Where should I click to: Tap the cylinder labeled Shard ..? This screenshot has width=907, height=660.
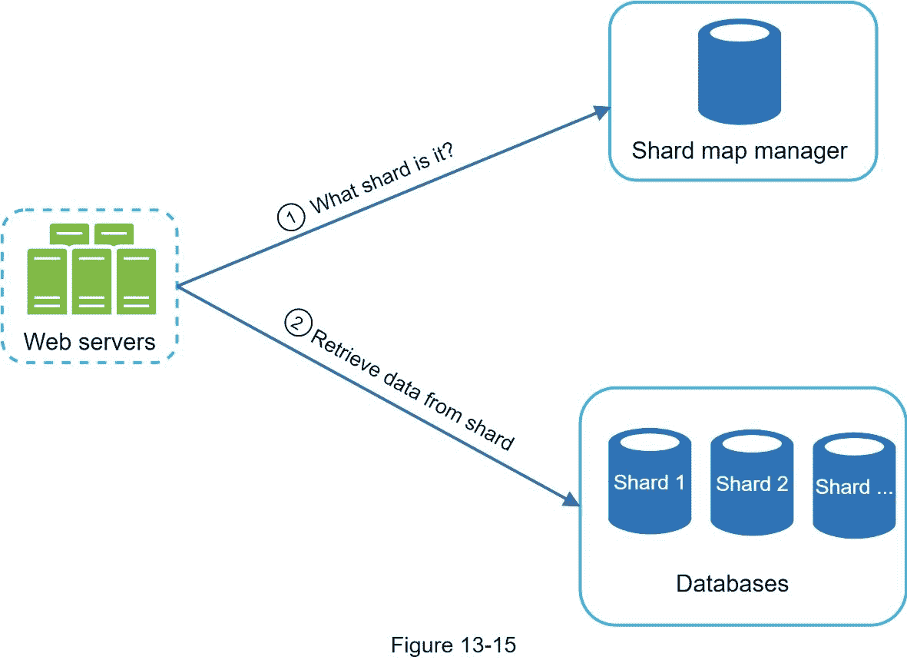click(854, 486)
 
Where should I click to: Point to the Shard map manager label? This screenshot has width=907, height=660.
click(739, 150)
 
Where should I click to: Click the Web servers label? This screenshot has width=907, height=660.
click(90, 340)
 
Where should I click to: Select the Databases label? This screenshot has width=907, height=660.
click(732, 583)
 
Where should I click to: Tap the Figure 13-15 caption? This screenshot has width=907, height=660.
click(453, 645)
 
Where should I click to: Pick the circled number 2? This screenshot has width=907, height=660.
click(296, 322)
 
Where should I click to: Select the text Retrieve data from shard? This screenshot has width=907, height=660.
click(411, 390)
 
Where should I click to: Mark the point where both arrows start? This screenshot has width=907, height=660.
click(178, 286)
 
